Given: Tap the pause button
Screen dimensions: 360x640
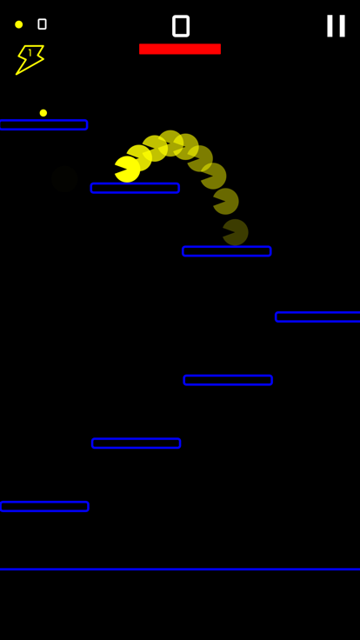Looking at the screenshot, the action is click(x=336, y=26).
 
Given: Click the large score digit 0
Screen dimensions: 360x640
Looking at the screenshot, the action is click(x=181, y=26).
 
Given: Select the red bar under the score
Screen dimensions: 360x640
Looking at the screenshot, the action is click(x=180, y=49).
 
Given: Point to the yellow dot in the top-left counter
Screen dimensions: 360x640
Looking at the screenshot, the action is click(x=19, y=24).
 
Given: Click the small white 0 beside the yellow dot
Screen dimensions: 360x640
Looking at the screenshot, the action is click(x=42, y=24).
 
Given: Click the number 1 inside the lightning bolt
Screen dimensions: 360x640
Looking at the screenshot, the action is click(x=30, y=53).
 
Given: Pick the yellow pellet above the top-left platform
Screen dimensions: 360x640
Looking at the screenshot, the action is click(x=43, y=113).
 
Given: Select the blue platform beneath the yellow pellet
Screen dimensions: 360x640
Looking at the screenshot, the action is click(x=43, y=125).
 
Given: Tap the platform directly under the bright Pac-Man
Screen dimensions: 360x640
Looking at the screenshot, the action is click(x=135, y=188).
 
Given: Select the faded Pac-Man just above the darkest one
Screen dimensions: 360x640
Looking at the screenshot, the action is click(x=227, y=201).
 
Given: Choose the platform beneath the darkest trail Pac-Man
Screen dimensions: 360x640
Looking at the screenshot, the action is click(x=227, y=251).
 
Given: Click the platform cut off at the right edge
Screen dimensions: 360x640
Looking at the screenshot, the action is click(x=317, y=317).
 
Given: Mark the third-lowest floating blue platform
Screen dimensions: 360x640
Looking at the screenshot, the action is click(x=228, y=380).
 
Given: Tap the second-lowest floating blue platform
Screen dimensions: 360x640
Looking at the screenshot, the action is click(x=137, y=443).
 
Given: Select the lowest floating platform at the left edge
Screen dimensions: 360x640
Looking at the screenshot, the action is click(x=44, y=507).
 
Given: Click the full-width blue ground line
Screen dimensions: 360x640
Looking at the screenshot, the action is click(x=180, y=569).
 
